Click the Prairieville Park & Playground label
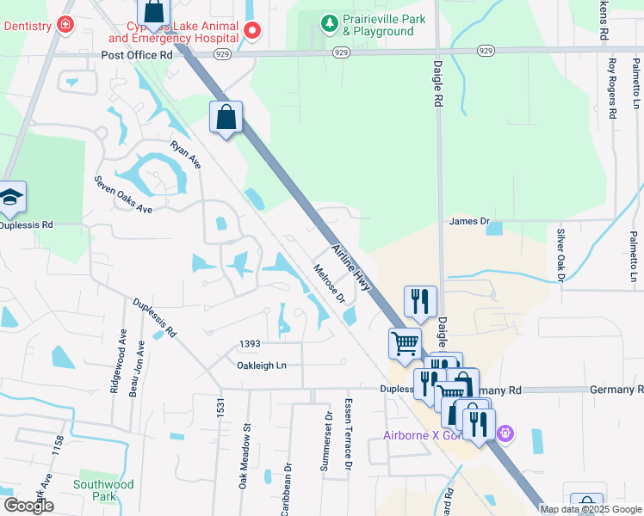point(377,26)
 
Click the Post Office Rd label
point(137,54)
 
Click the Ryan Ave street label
point(185,154)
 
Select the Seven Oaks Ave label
point(123,197)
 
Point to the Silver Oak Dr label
point(560,255)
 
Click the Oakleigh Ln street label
point(262,365)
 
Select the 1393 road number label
point(250,344)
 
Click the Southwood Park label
point(103,490)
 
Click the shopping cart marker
point(405,343)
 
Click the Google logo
point(28,506)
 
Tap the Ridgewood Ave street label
point(113,363)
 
